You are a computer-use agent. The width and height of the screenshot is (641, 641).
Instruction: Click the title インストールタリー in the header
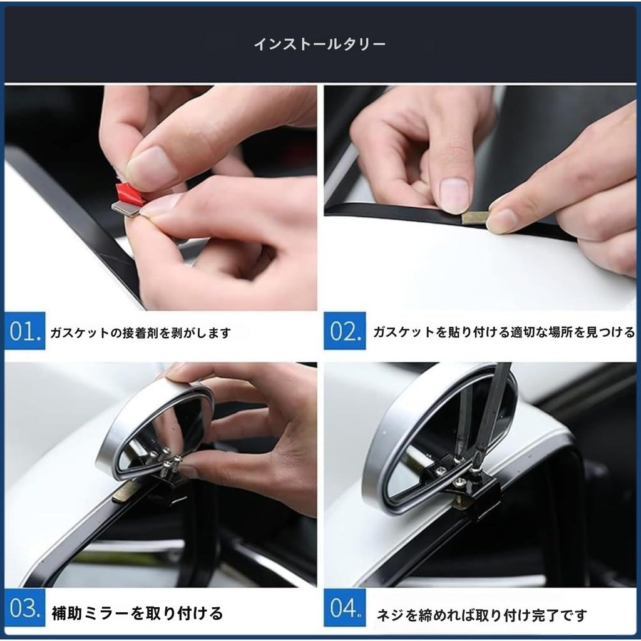(x=319, y=44)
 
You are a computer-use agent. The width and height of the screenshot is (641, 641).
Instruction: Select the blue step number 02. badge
(x=344, y=331)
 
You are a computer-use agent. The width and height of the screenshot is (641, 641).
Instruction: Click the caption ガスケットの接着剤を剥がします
(x=140, y=333)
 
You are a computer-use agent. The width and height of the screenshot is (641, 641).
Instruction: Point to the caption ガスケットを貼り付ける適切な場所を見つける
(x=503, y=332)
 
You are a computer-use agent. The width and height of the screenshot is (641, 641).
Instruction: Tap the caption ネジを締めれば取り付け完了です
(x=481, y=615)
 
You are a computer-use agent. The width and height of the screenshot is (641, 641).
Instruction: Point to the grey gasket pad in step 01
(x=125, y=208)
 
